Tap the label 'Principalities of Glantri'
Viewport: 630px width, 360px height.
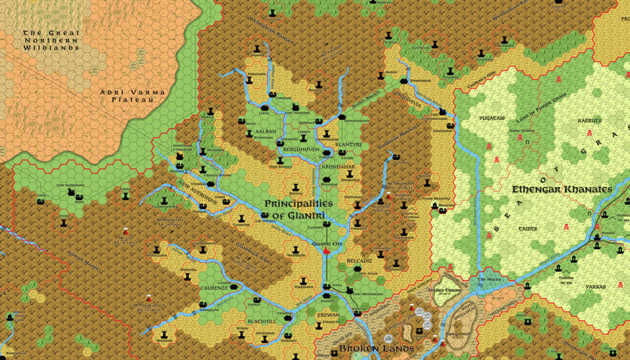click(x=298, y=209)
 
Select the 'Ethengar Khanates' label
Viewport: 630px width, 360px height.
click(x=562, y=190)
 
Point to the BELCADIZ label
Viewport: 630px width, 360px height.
click(x=359, y=261)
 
